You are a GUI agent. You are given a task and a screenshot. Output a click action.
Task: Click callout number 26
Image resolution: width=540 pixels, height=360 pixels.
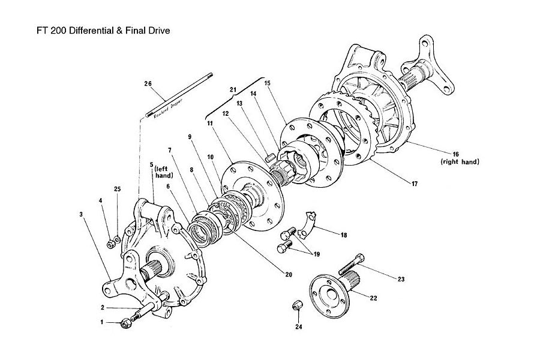(x=148, y=83)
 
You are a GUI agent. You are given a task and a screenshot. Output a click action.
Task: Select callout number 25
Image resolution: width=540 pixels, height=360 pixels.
(x=118, y=190)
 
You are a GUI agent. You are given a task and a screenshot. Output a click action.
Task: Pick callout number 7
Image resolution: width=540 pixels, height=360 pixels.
(x=170, y=150)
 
